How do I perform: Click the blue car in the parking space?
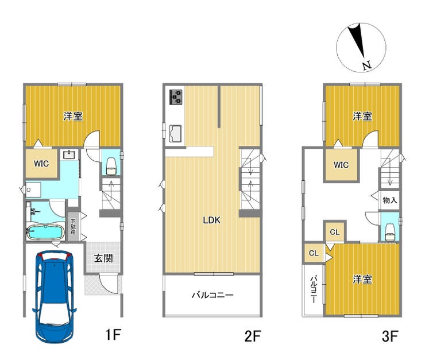tap(54, 297)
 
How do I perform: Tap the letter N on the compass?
tap(367, 65)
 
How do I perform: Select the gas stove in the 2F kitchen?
tap(176, 97)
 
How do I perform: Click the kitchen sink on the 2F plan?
tap(175, 134)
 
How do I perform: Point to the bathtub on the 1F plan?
tap(45, 233)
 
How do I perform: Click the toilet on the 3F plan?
tap(390, 232)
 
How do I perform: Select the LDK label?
tap(212, 220)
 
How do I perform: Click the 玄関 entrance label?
tap(103, 258)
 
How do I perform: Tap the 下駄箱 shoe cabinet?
tap(73, 226)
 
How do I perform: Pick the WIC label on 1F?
tap(41, 164)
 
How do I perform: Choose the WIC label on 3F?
tap(341, 165)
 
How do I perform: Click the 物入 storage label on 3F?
tap(390, 200)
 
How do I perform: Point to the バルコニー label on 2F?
tap(212, 295)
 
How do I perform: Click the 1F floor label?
tap(113, 335)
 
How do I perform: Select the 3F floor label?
tap(390, 336)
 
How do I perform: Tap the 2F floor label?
tap(252, 336)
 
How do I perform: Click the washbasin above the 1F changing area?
tap(69, 154)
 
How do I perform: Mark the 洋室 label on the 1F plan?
tap(73, 116)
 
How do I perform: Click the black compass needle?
tap(357, 41)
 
